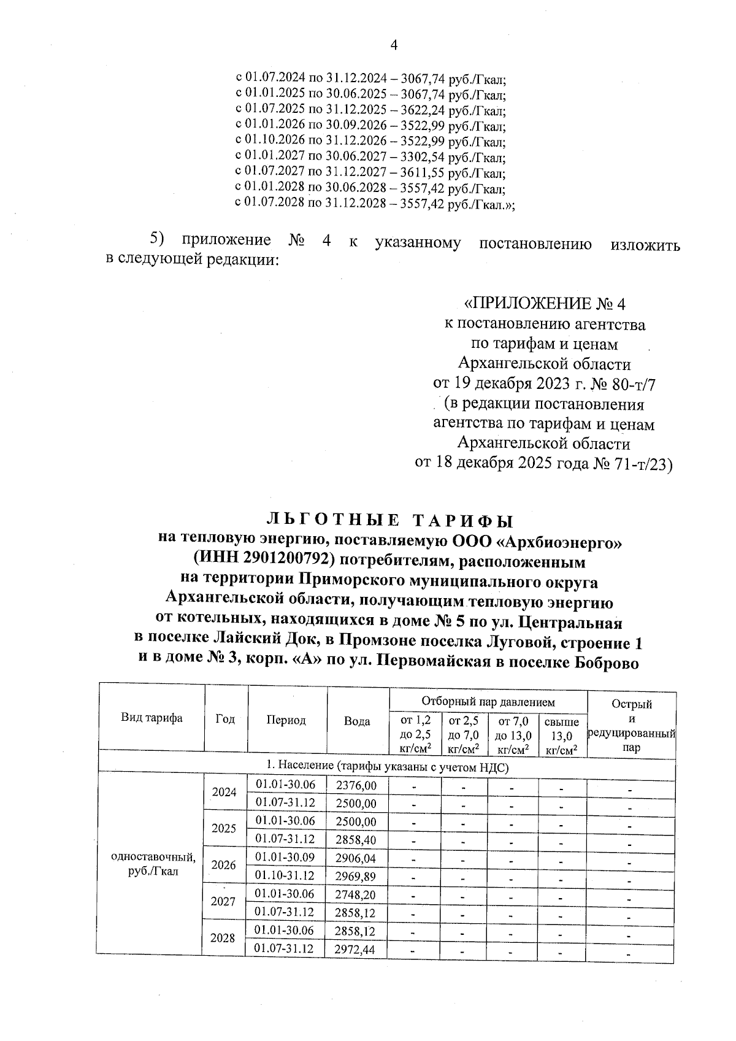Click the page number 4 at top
pyautogui.click(x=394, y=45)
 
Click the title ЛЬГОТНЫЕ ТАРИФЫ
pyautogui.click(x=389, y=521)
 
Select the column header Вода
pyautogui.click(x=357, y=721)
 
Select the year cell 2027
pyautogui.click(x=223, y=902)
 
